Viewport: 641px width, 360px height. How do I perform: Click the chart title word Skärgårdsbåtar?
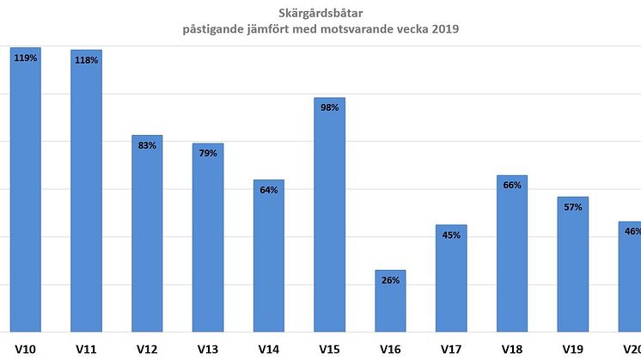click(x=320, y=13)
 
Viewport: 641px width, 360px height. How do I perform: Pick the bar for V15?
click(x=330, y=215)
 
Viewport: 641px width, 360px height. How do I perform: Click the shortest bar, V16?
click(x=390, y=301)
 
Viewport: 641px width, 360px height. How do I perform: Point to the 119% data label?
click(x=26, y=58)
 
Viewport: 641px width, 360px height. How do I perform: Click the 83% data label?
click(x=147, y=145)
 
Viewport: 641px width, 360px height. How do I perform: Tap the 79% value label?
click(x=208, y=153)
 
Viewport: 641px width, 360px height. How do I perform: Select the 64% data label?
click(x=269, y=190)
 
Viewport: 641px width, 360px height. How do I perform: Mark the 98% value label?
click(x=330, y=107)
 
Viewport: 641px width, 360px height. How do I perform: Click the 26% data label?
click(x=390, y=280)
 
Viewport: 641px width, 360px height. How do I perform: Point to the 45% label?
click(x=451, y=235)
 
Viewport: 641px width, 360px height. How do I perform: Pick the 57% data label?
click(x=573, y=207)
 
